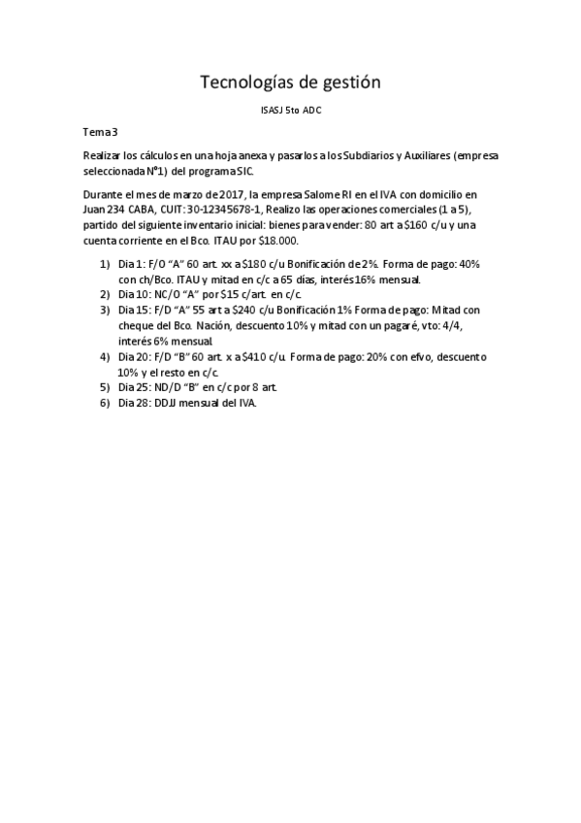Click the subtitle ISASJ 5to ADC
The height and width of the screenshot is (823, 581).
click(x=290, y=111)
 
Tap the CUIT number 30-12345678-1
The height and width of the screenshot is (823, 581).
click(x=210, y=210)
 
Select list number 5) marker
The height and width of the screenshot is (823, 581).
click(x=105, y=387)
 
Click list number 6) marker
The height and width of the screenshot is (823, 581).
click(x=105, y=403)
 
